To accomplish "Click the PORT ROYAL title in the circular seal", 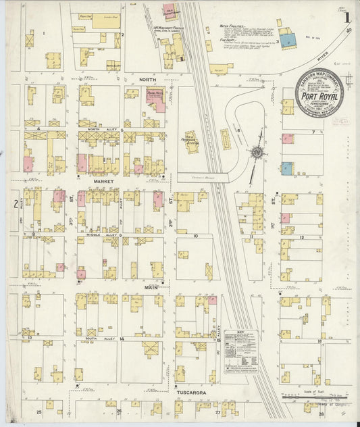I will (319, 95).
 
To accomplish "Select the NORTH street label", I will (147, 79).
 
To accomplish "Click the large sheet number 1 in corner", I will (346, 18).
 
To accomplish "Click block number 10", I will (195, 236).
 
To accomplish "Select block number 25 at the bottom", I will (39, 411).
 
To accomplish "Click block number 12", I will (302, 237).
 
